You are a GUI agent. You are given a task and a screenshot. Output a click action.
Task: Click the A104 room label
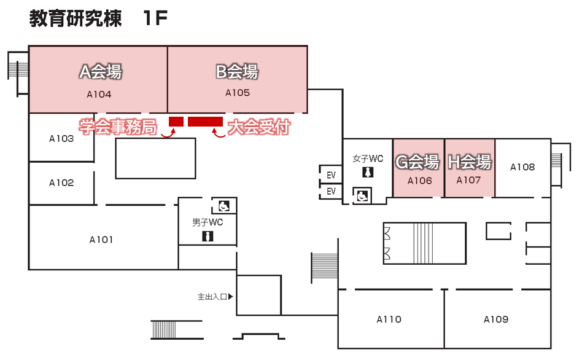pyautogui.click(x=98, y=95)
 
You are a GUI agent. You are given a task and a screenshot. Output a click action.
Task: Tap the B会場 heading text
pyautogui.click(x=236, y=72)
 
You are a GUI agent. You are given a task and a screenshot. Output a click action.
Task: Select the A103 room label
pyautogui.click(x=61, y=139)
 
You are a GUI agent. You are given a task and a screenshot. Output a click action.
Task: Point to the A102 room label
pyautogui.click(x=61, y=183)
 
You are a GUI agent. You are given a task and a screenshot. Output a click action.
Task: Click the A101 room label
pyautogui.click(x=101, y=240)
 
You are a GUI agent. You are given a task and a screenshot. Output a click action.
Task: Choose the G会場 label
pyautogui.click(x=417, y=163)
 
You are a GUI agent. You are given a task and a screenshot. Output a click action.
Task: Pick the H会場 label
pyautogui.click(x=469, y=163)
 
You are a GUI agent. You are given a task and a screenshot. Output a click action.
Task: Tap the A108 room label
pyautogui.click(x=522, y=167)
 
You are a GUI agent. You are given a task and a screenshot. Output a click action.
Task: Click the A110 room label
pyautogui.click(x=389, y=319)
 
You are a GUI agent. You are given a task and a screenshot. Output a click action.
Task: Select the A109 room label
pyautogui.click(x=496, y=319)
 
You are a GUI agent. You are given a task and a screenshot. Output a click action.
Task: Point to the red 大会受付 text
pyautogui.click(x=258, y=128)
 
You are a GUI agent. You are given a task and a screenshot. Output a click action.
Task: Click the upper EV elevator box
pyautogui.click(x=332, y=173)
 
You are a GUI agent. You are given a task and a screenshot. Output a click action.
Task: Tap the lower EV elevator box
pyautogui.click(x=332, y=191)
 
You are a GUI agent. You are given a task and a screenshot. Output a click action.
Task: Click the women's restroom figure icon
pyautogui.click(x=368, y=173)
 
